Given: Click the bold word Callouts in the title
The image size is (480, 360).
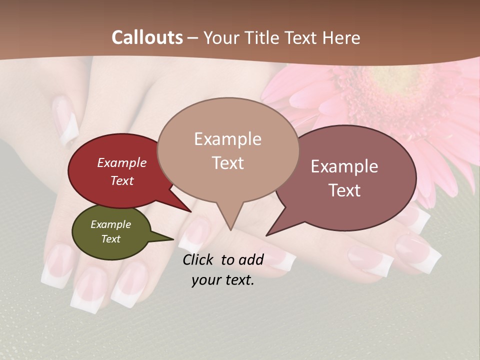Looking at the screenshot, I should [147, 38].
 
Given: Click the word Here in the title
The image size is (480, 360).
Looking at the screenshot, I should [342, 38].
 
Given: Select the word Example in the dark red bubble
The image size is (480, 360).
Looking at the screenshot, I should [122, 162].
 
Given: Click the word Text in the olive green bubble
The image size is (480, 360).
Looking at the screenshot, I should [110, 239].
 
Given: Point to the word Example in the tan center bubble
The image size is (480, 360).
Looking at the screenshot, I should [227, 139].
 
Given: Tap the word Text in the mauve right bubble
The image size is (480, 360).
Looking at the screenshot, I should [345, 190].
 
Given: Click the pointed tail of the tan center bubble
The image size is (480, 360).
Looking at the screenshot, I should [230, 227].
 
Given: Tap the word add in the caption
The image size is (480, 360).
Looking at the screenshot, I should [250, 259].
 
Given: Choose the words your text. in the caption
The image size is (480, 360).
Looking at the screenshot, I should [223, 280].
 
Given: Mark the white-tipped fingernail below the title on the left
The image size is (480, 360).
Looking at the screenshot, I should [66, 122].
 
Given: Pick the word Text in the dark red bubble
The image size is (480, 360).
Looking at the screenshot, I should [122, 180].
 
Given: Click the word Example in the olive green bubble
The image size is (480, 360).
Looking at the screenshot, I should [110, 224].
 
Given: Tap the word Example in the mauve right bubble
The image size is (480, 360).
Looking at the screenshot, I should [344, 166].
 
